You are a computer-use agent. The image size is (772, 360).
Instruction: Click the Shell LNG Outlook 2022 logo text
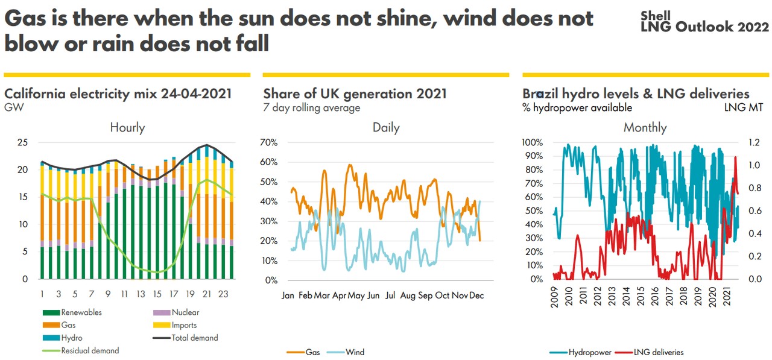click(x=704, y=22)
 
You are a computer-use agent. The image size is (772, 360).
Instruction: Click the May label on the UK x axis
click(x=356, y=295)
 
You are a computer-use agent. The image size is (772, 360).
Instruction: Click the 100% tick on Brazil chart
click(x=532, y=142)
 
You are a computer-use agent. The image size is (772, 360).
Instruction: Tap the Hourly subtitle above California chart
click(x=127, y=127)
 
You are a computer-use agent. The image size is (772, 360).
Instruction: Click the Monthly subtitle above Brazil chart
click(x=645, y=127)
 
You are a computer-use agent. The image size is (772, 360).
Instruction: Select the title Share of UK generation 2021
click(x=355, y=93)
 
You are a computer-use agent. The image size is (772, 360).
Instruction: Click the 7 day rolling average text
click(x=311, y=108)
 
